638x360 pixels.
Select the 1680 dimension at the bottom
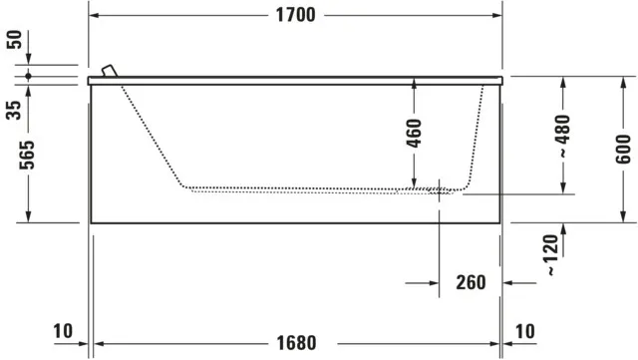295,342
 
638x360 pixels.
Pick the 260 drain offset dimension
471,282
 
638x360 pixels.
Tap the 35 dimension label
14,108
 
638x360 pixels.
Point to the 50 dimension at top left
14,41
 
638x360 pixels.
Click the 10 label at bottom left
63,331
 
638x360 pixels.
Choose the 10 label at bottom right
525,331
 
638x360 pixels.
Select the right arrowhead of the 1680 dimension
496,342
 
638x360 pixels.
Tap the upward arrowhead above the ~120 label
564,228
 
